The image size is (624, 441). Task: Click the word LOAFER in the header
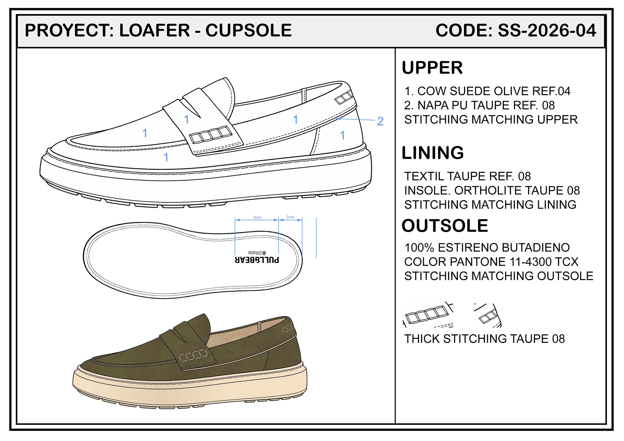pos(154,31)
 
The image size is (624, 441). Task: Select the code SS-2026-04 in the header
pos(547,31)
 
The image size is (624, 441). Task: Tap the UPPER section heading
pos(432,68)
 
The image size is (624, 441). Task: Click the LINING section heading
pos(433,153)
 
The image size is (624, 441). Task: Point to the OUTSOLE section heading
pos(445,226)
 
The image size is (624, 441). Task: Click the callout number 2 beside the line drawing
pos(380,121)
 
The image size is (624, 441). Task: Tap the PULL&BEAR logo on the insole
pos(257,260)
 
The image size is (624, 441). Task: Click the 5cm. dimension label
pos(257,217)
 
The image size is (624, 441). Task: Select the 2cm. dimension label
pos(291,217)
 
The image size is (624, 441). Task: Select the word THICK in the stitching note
pos(422,339)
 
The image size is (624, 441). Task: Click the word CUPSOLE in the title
pos(249,31)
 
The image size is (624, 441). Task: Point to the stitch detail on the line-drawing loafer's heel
pos(344,97)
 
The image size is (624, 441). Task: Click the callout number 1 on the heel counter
pos(342,135)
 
